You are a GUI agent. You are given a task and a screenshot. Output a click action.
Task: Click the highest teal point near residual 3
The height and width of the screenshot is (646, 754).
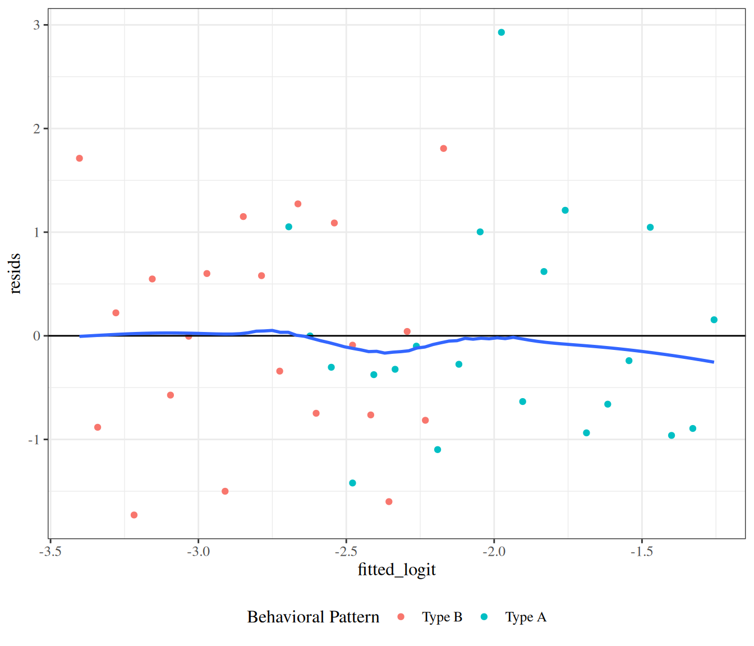point(501,33)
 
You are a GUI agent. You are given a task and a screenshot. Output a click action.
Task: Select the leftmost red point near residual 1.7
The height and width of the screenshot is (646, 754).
point(80,158)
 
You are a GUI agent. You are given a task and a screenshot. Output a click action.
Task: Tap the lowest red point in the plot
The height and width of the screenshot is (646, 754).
point(134,515)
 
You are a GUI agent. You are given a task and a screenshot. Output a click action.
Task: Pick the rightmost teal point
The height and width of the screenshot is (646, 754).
point(714,320)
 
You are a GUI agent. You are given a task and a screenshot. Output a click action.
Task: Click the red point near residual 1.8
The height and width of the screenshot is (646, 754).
point(443,149)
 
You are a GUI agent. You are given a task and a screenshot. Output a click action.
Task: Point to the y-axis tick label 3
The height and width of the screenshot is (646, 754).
point(36,25)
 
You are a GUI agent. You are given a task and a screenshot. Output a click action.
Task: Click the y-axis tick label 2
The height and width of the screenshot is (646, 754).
point(36,129)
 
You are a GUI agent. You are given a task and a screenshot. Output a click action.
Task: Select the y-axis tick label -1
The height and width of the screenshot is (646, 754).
point(34,440)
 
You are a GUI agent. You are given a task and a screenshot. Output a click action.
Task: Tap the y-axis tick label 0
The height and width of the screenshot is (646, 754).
point(36,336)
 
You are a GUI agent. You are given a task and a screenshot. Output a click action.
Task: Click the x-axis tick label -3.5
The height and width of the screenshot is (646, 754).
point(50,551)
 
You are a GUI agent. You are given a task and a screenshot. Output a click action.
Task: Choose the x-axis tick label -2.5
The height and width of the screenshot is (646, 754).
point(346,551)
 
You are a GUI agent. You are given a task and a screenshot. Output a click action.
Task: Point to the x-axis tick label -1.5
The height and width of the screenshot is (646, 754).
point(641,551)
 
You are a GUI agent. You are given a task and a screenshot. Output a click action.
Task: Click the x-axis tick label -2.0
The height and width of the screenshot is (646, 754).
point(494,551)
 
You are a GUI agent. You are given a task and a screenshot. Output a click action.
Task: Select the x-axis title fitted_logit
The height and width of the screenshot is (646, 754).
point(397,570)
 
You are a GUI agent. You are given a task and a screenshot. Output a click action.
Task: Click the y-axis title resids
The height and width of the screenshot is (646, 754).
point(15,274)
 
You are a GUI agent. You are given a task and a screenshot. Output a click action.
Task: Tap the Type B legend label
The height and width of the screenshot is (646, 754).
point(442,617)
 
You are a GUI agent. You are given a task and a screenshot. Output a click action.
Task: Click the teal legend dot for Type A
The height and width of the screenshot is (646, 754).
point(484,617)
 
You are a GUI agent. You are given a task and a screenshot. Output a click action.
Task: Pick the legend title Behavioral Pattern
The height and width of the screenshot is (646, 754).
point(313,617)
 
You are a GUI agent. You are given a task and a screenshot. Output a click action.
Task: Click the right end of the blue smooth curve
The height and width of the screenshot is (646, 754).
point(713,362)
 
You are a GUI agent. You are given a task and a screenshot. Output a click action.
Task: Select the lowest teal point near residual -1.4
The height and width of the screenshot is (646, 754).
point(352,483)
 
